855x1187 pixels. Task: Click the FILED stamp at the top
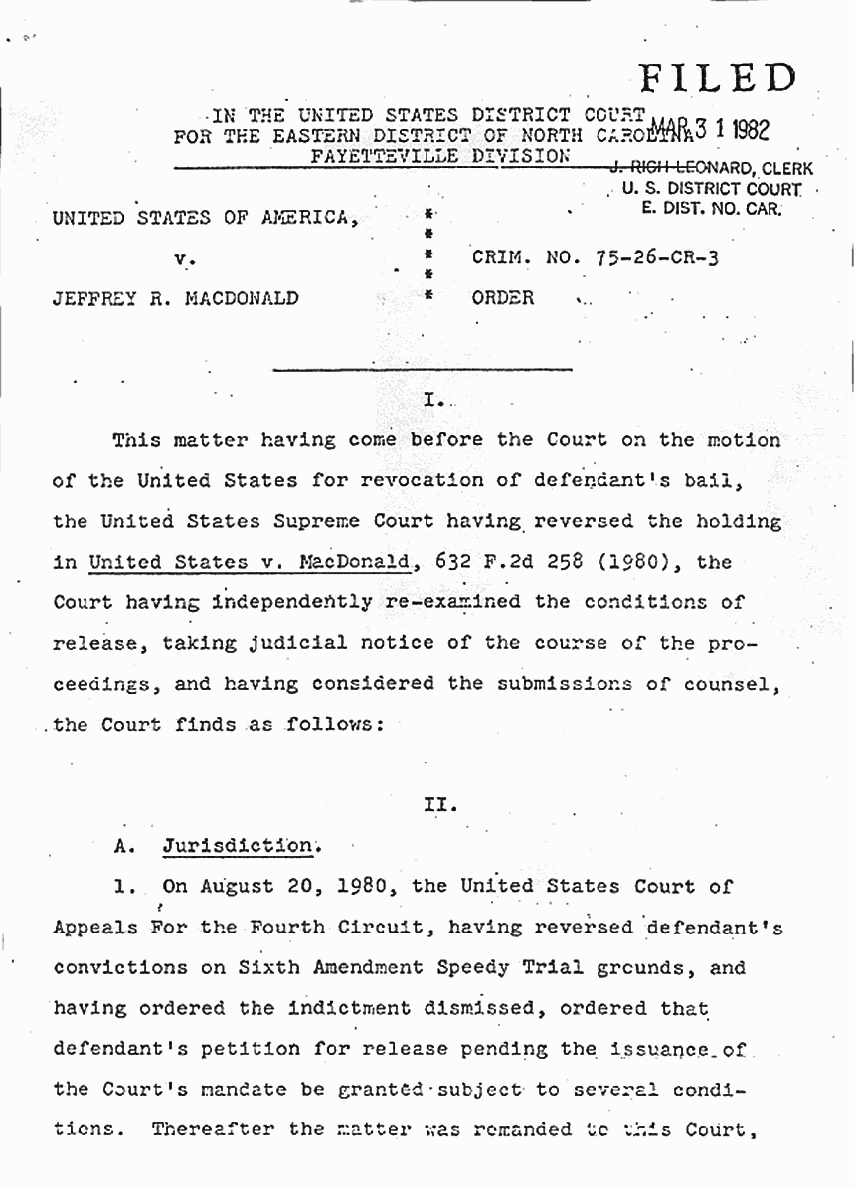pyautogui.click(x=719, y=79)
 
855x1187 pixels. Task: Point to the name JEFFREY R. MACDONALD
pyautogui.click(x=176, y=297)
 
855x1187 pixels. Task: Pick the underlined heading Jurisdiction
pyautogui.click(x=237, y=846)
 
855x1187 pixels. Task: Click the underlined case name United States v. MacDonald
pyautogui.click(x=250, y=562)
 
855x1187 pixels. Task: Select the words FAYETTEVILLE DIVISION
pyautogui.click(x=441, y=156)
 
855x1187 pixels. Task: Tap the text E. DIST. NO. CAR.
pyautogui.click(x=712, y=208)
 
